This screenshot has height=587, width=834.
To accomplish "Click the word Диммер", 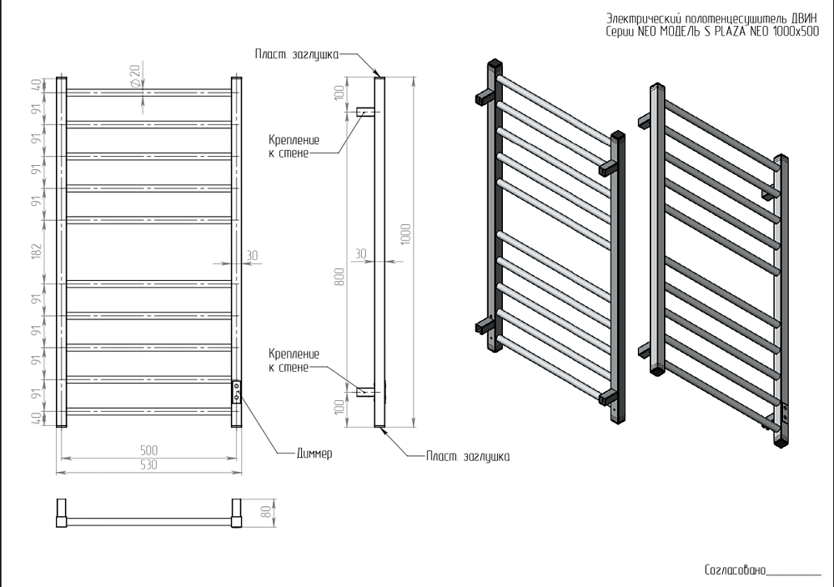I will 314,454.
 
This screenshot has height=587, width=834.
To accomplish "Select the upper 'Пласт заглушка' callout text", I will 296,53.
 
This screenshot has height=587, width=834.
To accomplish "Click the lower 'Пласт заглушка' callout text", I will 468,456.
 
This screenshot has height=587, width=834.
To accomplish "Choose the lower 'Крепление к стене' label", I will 289,360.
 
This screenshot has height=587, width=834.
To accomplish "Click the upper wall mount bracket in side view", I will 364,112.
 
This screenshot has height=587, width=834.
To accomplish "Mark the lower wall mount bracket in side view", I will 364,390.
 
